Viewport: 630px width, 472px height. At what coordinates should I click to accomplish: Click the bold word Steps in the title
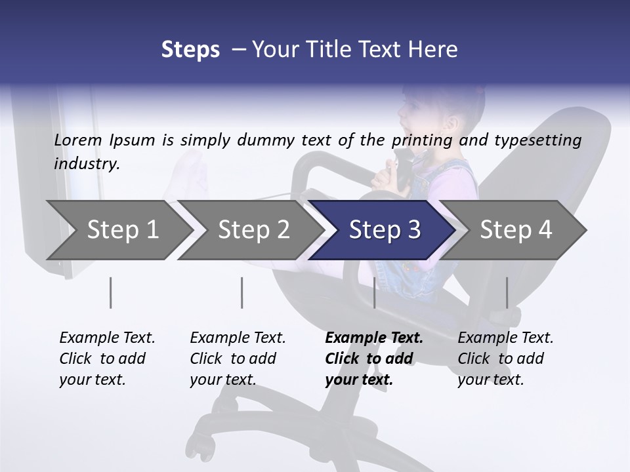coord(190,50)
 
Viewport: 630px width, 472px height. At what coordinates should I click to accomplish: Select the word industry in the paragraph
coord(85,164)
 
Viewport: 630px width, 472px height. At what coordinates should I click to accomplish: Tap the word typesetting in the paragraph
coord(539,140)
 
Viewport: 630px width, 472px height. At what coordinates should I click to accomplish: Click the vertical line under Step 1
coord(111,292)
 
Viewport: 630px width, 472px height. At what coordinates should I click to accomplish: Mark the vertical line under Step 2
coord(242,292)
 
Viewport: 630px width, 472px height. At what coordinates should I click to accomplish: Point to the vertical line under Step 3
coord(374,292)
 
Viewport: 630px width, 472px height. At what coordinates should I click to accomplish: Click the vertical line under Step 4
coord(507,292)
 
